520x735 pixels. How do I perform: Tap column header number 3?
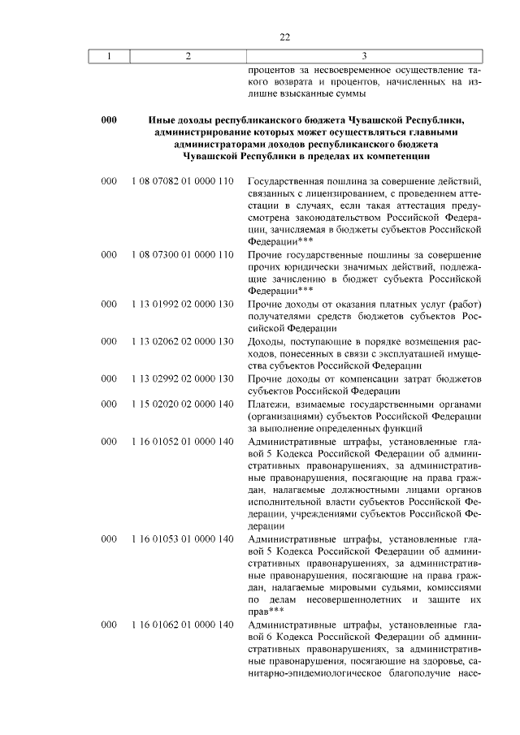(364, 56)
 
